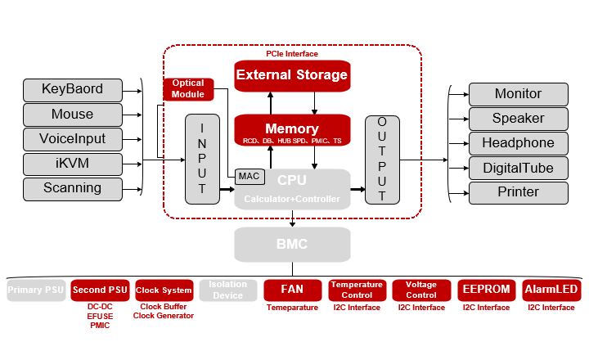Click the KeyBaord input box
pos(72,89)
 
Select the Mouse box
pos(72,114)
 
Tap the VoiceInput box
pos(72,138)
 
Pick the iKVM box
pos(72,163)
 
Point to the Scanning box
pos(72,188)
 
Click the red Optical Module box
pos(188,88)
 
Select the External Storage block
pos(292,75)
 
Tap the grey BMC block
pos(292,244)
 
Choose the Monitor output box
pos(518,94)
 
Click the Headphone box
pos(518,143)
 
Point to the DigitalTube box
pos(518,169)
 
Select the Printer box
pos(518,192)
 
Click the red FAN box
pos(292,290)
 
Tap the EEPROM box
pos(487,290)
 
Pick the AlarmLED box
pos(551,290)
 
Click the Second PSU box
pos(100,290)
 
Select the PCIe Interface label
pos(292,53)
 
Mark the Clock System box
pos(164,290)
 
